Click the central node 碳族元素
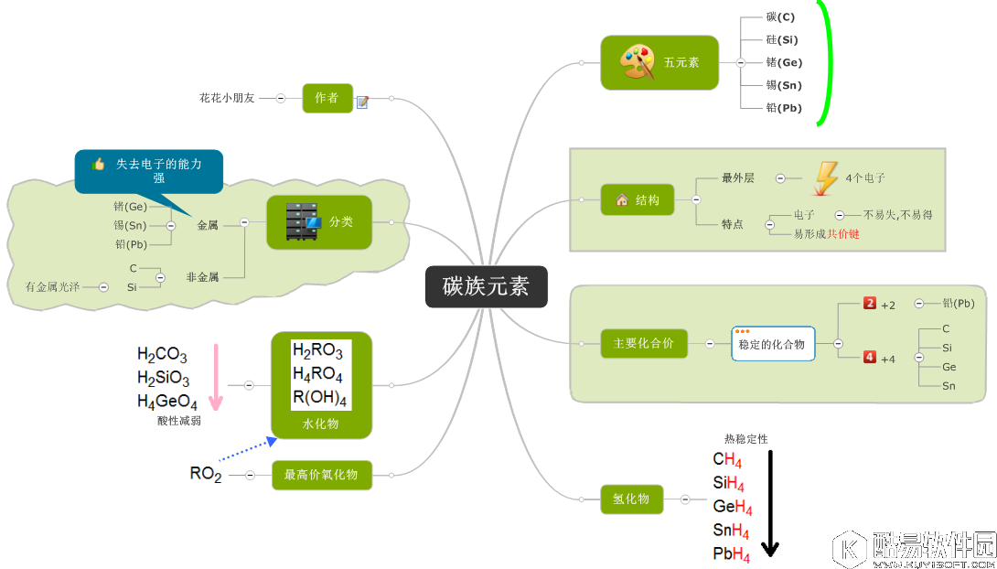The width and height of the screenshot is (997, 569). (486, 286)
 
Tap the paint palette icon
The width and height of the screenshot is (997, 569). (638, 63)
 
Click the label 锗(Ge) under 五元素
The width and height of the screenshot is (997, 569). (784, 63)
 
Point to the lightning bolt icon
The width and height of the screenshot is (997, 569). (826, 177)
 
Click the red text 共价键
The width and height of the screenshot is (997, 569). (843, 234)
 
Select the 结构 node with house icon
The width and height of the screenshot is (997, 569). (638, 199)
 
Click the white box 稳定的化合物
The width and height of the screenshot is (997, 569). (772, 344)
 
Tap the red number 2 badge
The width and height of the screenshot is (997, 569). (870, 303)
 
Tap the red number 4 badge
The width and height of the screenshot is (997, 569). (870, 358)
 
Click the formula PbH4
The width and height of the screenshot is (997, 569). (732, 554)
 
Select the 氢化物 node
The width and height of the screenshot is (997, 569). (631, 499)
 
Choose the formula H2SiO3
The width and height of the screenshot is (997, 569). (164, 378)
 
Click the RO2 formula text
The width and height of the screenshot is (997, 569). (206, 474)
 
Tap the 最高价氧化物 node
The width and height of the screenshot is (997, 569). (322, 475)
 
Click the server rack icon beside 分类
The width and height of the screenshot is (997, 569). (304, 222)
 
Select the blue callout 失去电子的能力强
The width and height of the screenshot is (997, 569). (149, 169)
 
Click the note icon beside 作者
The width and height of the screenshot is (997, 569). (362, 102)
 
